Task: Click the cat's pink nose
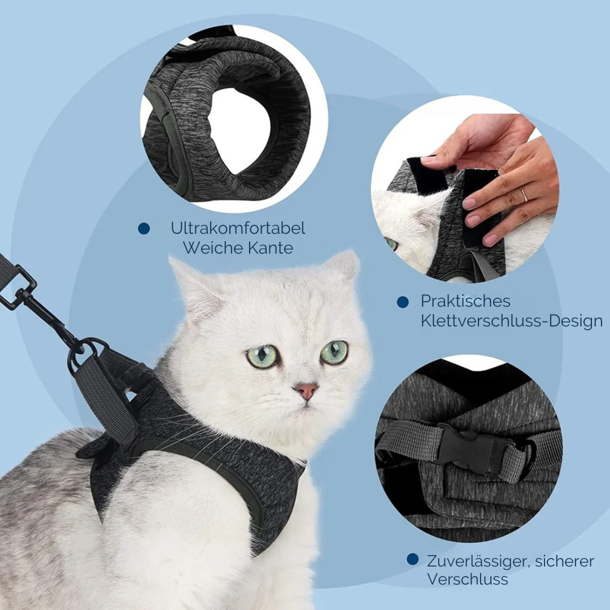point(306,390)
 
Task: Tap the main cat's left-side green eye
point(263,356)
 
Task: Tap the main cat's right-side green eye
point(334,352)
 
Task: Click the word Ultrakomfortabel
point(238,228)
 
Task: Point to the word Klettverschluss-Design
point(511,321)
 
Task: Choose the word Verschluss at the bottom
point(467,579)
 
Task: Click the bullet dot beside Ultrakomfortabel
point(144,229)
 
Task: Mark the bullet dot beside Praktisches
point(403,302)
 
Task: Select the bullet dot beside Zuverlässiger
point(413,560)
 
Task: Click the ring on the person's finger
point(524,195)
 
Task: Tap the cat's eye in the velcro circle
point(391,244)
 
